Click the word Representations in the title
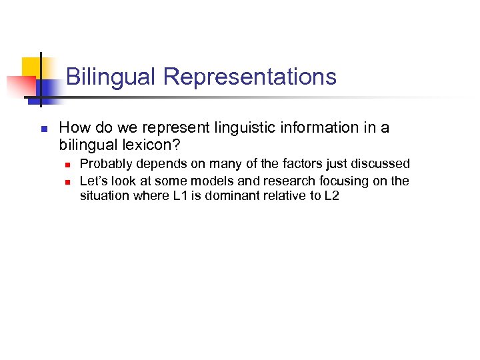click(x=249, y=77)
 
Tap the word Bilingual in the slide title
click(x=111, y=77)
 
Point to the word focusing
click(x=332, y=181)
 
